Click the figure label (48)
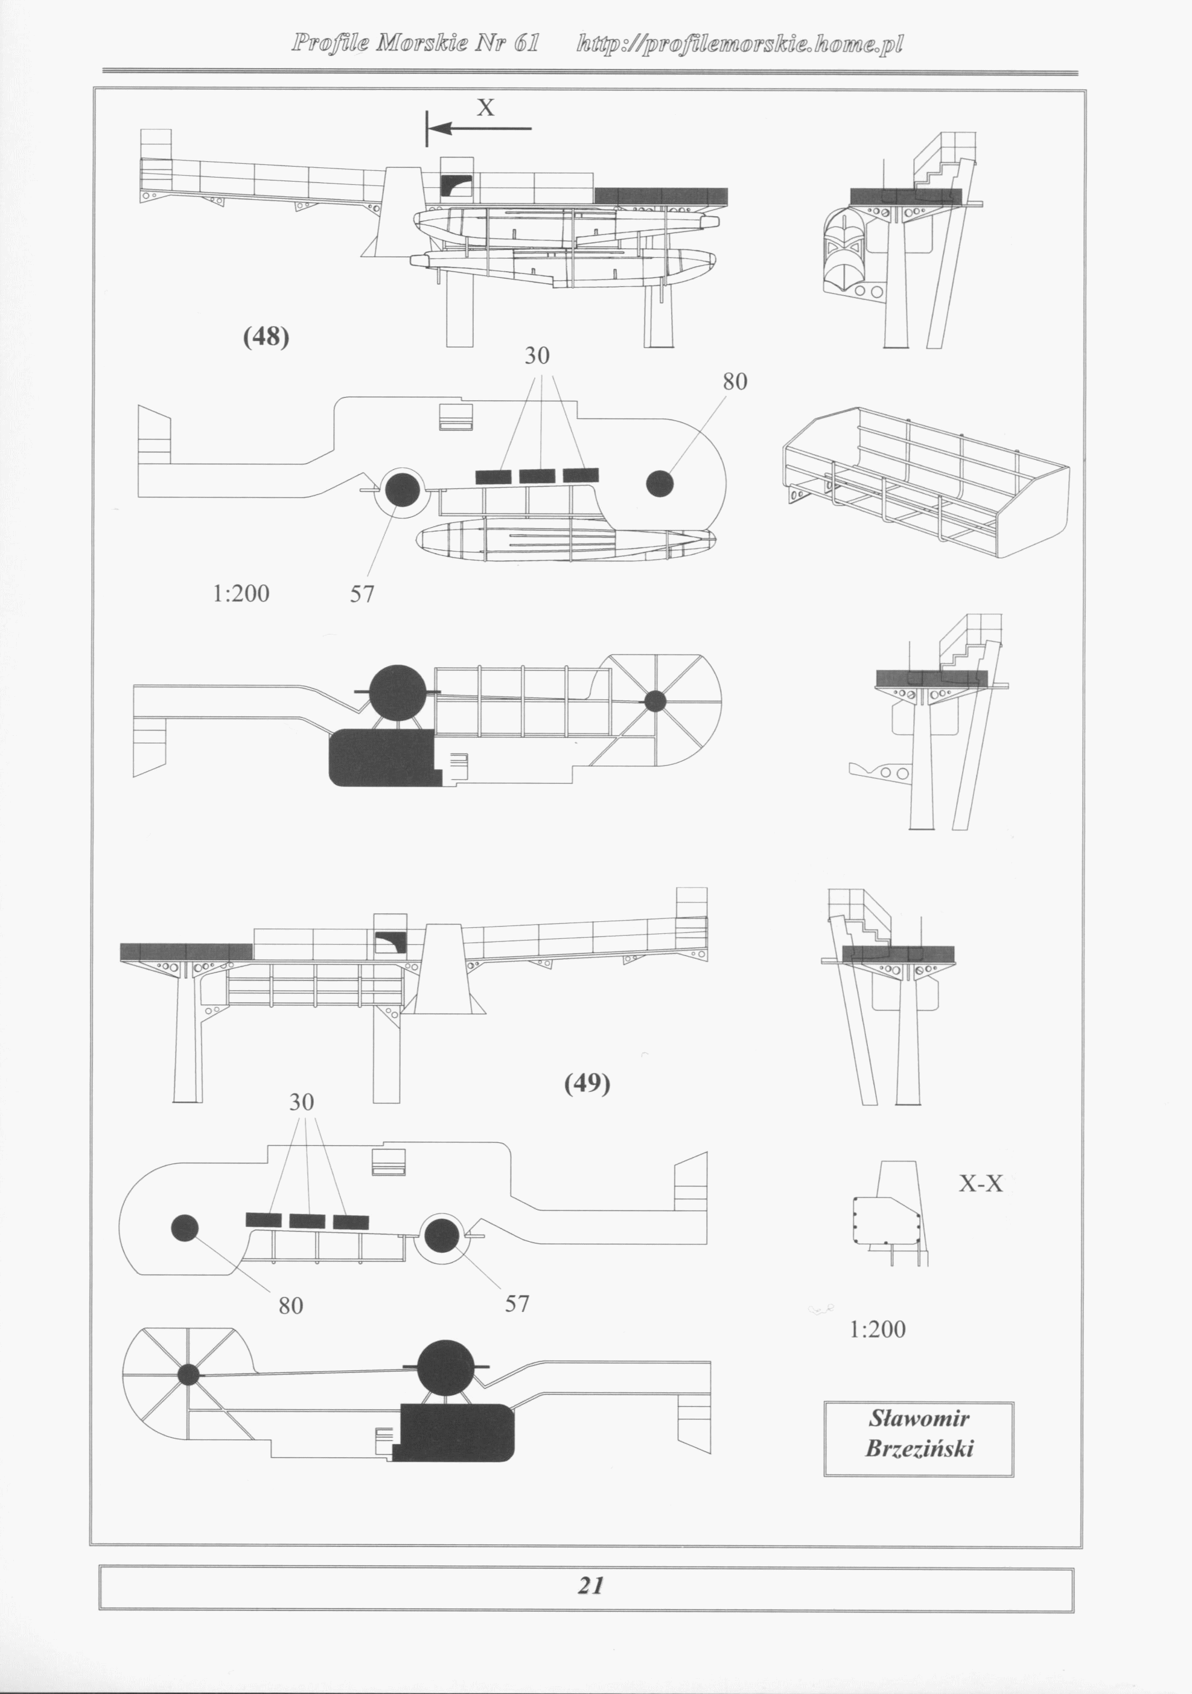(x=266, y=337)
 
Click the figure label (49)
(x=587, y=1083)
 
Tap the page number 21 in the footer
(x=590, y=1585)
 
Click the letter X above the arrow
(x=485, y=109)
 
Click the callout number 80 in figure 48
(x=735, y=382)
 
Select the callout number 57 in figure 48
(x=362, y=594)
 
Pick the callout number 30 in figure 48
(x=537, y=356)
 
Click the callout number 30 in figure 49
(x=302, y=1102)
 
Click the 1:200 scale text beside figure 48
(x=241, y=593)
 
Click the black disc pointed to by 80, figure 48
(x=660, y=484)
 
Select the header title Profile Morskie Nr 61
(x=415, y=43)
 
